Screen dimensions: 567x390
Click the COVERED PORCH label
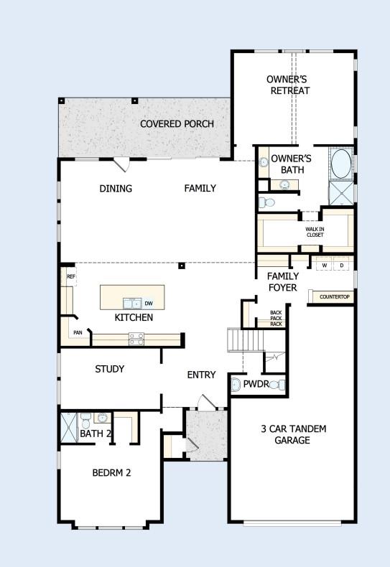(x=177, y=123)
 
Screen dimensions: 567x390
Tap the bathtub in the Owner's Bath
(x=340, y=164)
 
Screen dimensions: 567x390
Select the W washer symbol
(x=324, y=266)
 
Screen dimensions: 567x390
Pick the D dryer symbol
(x=342, y=266)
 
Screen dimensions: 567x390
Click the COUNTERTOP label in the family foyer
(x=334, y=296)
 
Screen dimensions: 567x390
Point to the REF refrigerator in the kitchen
(x=71, y=276)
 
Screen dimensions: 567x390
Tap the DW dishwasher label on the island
(x=149, y=304)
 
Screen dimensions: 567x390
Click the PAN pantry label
(x=77, y=333)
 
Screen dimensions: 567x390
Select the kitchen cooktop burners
(x=136, y=337)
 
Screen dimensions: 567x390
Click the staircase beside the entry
(x=241, y=339)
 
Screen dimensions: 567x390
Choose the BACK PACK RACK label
(x=276, y=318)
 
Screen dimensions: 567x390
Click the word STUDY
(x=110, y=369)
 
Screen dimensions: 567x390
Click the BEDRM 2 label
(x=111, y=473)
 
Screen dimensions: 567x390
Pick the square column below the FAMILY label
(x=182, y=266)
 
